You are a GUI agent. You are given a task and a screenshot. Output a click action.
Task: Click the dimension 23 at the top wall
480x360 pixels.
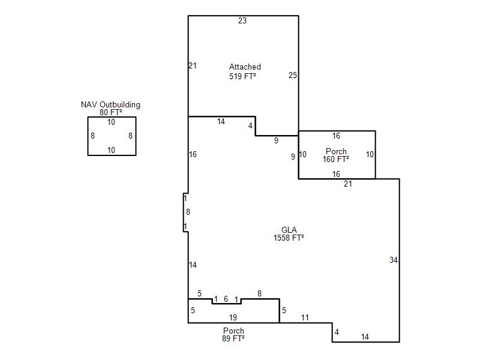[x=242, y=20]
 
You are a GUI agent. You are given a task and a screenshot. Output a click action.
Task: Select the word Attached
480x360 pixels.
[x=245, y=67]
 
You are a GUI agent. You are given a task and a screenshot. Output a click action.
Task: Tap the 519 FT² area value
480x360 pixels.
[x=242, y=76]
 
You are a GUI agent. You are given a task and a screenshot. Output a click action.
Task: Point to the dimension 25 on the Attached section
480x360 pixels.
[x=293, y=75]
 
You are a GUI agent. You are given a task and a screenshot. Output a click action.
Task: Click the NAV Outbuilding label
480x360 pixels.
[x=110, y=104]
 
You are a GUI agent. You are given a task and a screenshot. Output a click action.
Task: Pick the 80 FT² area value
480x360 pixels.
[x=111, y=112]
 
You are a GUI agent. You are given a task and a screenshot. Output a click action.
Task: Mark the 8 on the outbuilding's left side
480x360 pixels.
[x=93, y=136]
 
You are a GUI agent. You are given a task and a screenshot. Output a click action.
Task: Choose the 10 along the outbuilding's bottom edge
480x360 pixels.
[x=111, y=150]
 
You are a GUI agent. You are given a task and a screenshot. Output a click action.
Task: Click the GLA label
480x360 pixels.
[x=289, y=230]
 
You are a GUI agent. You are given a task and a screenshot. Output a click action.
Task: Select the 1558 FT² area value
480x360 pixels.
[x=289, y=238]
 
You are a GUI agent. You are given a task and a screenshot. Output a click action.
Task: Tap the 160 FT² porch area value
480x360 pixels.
[x=336, y=159]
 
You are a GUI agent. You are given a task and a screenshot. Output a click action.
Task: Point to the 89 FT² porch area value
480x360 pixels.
[x=233, y=338]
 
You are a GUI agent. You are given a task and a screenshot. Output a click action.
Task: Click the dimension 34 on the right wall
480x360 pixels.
[x=394, y=260]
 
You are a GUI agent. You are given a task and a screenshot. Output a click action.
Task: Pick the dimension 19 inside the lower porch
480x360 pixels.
[x=233, y=317]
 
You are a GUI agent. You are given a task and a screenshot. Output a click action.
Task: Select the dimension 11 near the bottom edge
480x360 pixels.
[x=305, y=317]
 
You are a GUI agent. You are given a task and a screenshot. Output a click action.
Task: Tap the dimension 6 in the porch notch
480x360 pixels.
[x=226, y=299]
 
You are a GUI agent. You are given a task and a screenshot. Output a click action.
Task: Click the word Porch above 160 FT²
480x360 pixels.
[x=336, y=151]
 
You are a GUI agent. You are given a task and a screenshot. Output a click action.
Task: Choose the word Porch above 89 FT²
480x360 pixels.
[x=233, y=331]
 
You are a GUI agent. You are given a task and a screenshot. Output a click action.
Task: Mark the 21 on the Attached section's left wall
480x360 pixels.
[x=193, y=65]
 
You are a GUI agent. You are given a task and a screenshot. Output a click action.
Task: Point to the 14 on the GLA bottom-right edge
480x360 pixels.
[x=365, y=337]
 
